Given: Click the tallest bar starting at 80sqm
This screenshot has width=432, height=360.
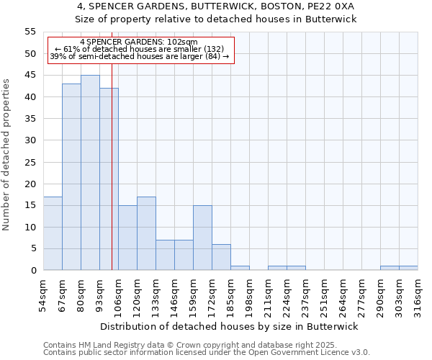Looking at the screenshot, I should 90,173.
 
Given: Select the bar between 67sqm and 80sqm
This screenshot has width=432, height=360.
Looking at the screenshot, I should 71,177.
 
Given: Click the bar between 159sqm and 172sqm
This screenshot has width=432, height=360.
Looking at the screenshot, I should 202,238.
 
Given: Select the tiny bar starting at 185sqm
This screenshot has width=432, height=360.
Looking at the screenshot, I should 240,268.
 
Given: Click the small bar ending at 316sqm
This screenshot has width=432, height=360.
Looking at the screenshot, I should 408,268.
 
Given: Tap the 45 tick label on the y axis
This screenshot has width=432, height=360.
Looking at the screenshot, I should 30,76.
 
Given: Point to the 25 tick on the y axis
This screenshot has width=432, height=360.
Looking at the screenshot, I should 30,162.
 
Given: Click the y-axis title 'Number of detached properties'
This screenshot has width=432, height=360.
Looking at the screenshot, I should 7,155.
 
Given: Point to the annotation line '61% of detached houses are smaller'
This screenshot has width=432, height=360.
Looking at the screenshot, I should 140,49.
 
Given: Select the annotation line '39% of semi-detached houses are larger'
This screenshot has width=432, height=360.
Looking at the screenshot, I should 140,56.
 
